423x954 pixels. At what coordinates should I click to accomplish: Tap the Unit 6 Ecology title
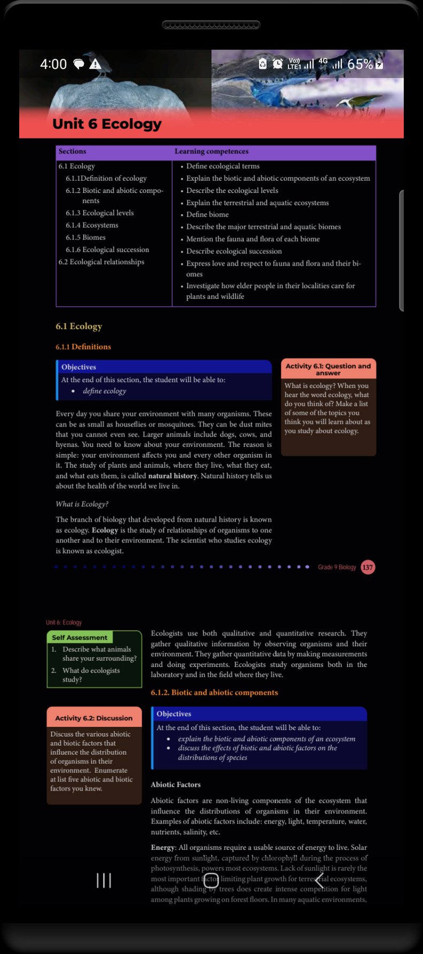coord(107,124)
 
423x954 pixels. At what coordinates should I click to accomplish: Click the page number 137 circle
coord(367,567)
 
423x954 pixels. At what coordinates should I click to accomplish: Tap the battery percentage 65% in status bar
coord(360,64)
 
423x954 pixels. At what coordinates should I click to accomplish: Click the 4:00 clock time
coord(53,64)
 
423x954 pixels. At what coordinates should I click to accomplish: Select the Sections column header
coord(72,152)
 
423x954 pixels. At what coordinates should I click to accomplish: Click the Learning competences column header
coord(211,152)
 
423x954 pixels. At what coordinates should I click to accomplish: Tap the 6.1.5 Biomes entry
coord(85,237)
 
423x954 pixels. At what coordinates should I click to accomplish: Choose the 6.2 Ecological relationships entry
coord(101,262)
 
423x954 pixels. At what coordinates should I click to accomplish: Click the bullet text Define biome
coord(207,214)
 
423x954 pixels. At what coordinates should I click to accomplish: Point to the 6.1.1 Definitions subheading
coord(83,347)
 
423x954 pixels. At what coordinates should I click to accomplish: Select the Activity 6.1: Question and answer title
coord(328,369)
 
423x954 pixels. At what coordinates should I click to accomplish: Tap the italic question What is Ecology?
coord(82,504)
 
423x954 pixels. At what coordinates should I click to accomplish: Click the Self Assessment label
coord(80,638)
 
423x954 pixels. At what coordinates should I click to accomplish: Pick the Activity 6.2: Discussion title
coord(94,718)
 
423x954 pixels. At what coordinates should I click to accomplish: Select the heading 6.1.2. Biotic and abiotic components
coord(214,693)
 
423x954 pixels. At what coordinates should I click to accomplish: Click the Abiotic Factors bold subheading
coord(176,785)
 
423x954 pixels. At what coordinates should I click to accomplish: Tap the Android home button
coord(211,880)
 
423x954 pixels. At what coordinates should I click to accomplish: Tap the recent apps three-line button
coord(104,880)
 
